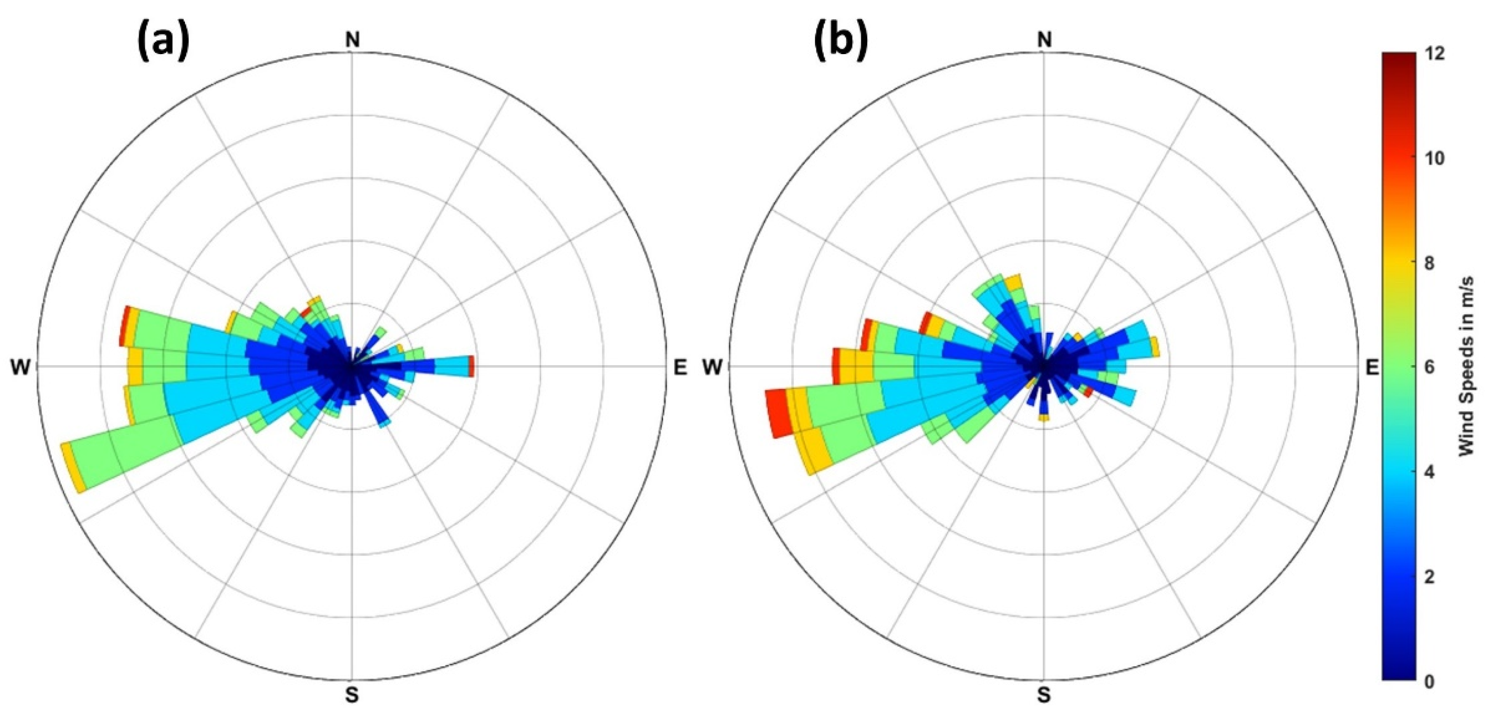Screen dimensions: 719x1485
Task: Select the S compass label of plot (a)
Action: (x=352, y=695)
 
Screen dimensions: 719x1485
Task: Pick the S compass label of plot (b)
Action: (x=1044, y=695)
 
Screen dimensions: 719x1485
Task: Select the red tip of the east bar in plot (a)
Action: (x=472, y=366)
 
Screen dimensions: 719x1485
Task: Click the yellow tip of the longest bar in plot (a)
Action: (x=73, y=468)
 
